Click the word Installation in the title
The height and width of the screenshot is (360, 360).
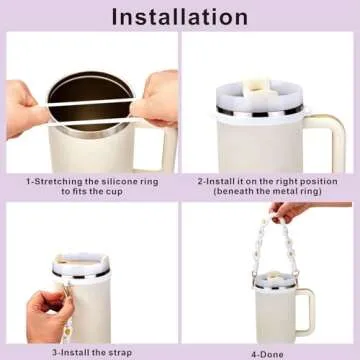[180, 16]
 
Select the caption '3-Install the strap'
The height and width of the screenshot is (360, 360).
[88, 351]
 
